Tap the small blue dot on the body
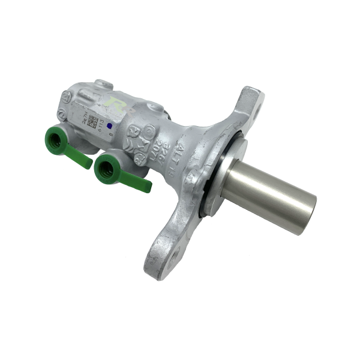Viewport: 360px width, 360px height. (x=109, y=127)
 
